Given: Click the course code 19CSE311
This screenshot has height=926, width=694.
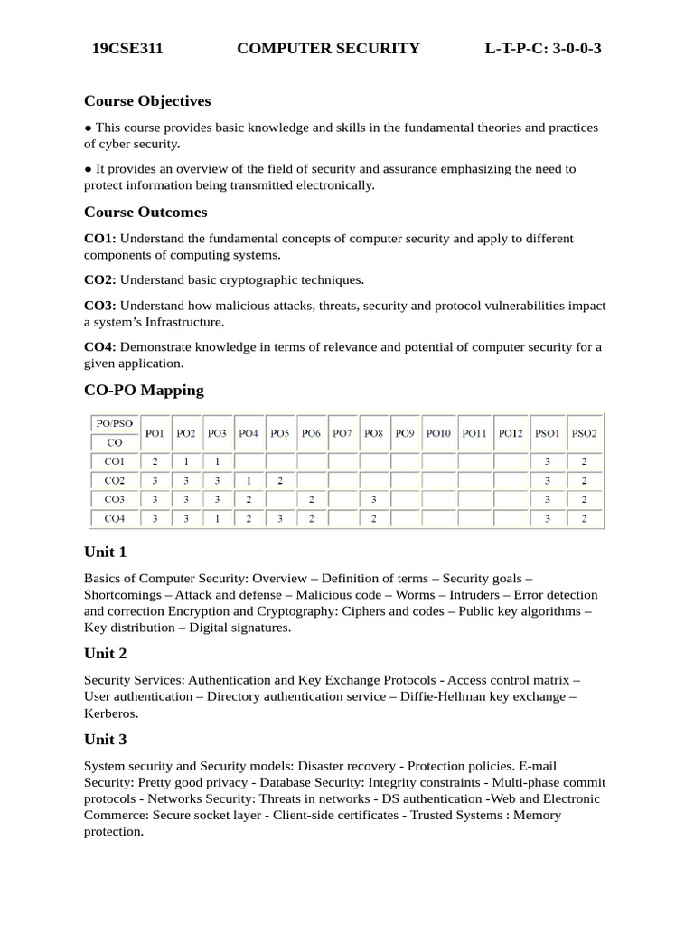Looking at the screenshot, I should pyautogui.click(x=127, y=49).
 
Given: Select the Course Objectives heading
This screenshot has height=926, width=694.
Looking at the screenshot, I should pyautogui.click(x=147, y=100).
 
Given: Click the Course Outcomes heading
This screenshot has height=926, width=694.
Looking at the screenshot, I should pyautogui.click(x=145, y=212).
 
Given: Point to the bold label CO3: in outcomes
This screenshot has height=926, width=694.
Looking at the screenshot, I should pyautogui.click(x=99, y=306).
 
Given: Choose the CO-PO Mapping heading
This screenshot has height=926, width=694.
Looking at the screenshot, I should pyautogui.click(x=144, y=390).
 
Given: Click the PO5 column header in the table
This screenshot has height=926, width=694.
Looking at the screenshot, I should pyautogui.click(x=279, y=434).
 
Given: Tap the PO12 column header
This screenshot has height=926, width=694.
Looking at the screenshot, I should pyautogui.click(x=511, y=434).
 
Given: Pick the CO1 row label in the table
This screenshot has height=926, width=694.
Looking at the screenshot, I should pyautogui.click(x=115, y=461).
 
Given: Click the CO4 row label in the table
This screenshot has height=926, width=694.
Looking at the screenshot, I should pyautogui.click(x=115, y=518).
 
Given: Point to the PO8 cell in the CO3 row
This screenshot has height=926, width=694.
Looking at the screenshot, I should pyautogui.click(x=373, y=499).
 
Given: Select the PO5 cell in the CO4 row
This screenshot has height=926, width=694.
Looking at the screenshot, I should pyautogui.click(x=279, y=518).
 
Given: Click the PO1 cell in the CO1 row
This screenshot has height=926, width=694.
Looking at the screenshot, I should pyautogui.click(x=155, y=461).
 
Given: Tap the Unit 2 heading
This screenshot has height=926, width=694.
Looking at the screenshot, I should pyautogui.click(x=106, y=653).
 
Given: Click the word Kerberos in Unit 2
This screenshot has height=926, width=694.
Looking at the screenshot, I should pyautogui.click(x=111, y=713).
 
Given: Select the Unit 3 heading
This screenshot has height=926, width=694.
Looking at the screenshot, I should pyautogui.click(x=106, y=740).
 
